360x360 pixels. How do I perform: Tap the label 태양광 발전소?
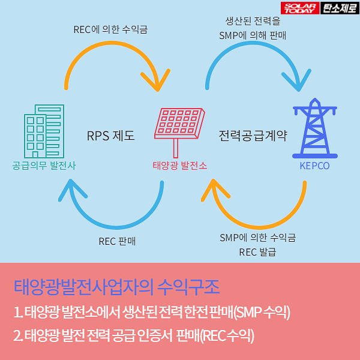179,165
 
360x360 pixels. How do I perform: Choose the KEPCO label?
314,166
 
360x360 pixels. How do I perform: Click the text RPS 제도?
110,136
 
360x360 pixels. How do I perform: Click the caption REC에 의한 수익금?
111,29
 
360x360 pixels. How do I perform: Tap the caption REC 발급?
257,252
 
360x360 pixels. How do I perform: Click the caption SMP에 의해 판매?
253,35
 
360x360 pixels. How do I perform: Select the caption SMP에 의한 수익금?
257,237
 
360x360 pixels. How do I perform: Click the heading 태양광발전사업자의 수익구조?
116,284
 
